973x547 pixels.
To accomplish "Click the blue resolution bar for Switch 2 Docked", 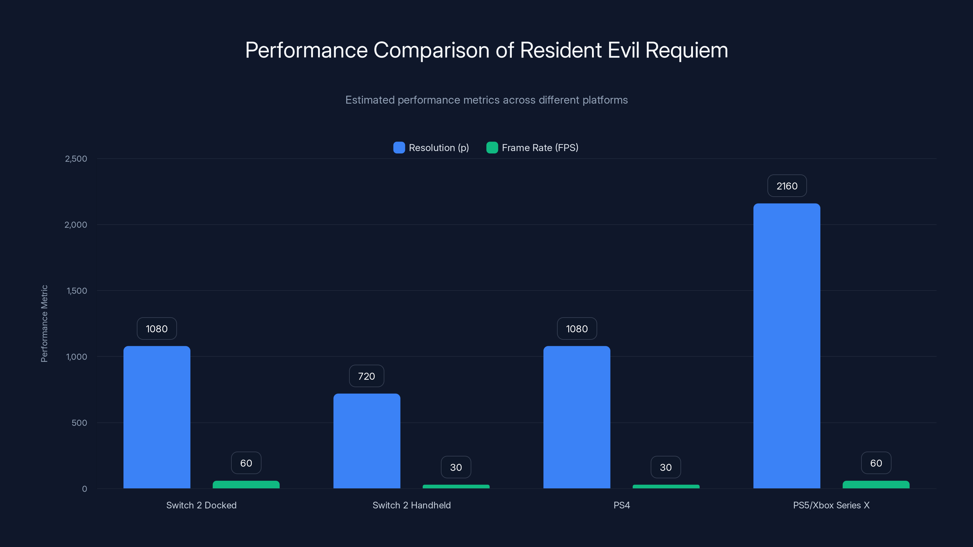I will [x=157, y=417].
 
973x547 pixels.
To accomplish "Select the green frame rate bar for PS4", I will [x=666, y=487].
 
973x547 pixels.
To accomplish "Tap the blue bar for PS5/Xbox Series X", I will [x=787, y=346].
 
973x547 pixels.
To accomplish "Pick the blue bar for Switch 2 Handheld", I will [x=366, y=441].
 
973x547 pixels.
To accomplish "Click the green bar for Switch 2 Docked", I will [x=246, y=485].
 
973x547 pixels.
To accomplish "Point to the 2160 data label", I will [x=787, y=186].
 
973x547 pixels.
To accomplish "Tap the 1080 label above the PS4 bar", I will [x=577, y=329].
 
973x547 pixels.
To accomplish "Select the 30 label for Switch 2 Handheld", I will [x=456, y=467].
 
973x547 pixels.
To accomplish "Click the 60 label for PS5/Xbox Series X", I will [x=876, y=463].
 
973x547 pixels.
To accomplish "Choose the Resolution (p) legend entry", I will [x=438, y=148].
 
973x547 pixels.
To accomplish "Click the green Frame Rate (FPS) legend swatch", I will [x=492, y=148].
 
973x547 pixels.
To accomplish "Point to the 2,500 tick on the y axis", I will [x=76, y=159].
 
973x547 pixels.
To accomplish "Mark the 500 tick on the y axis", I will [x=79, y=423].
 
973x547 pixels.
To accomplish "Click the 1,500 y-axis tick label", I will [x=77, y=291].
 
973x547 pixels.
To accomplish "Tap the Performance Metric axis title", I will [x=44, y=324].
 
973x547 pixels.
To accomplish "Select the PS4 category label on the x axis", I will [x=621, y=505].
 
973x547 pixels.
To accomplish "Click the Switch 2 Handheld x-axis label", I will [x=411, y=505].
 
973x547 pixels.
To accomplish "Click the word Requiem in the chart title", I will [x=686, y=50].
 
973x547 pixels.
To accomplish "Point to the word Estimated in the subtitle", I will [x=370, y=100].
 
